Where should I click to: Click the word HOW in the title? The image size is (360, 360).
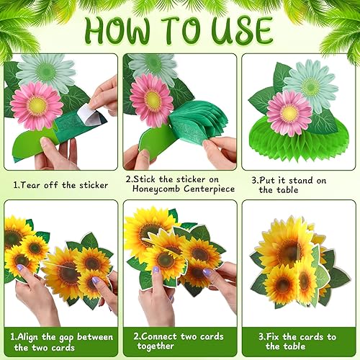point(120,30)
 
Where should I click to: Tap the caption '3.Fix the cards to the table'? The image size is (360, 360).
point(298,341)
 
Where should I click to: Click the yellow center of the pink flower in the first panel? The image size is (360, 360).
point(37,104)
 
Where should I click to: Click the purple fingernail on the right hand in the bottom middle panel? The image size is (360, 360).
point(207,272)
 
